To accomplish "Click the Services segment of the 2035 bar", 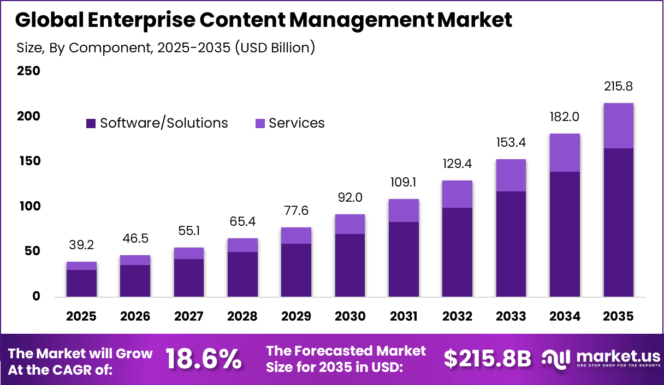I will click(x=619, y=125).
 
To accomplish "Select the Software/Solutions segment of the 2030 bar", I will click(x=350, y=265).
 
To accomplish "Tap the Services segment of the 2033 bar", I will click(x=511, y=175).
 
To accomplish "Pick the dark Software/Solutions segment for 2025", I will click(x=82, y=283).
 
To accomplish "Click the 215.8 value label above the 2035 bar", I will click(x=619, y=87).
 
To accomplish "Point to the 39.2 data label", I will click(x=82, y=245).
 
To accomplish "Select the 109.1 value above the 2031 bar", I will click(x=404, y=183).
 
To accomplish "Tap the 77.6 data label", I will click(x=297, y=211).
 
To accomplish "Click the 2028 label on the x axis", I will click(x=243, y=317).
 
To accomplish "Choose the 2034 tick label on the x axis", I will click(x=565, y=317).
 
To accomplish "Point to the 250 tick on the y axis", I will click(x=28, y=71).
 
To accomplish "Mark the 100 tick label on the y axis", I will click(x=28, y=207).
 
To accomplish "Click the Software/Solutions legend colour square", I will click(x=91, y=124).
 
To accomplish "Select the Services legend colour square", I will click(x=260, y=124).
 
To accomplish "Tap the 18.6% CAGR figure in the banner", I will click(x=203, y=360).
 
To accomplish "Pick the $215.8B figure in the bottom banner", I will click(x=487, y=359).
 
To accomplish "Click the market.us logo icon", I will click(x=555, y=359).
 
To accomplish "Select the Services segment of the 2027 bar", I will click(x=189, y=253).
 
